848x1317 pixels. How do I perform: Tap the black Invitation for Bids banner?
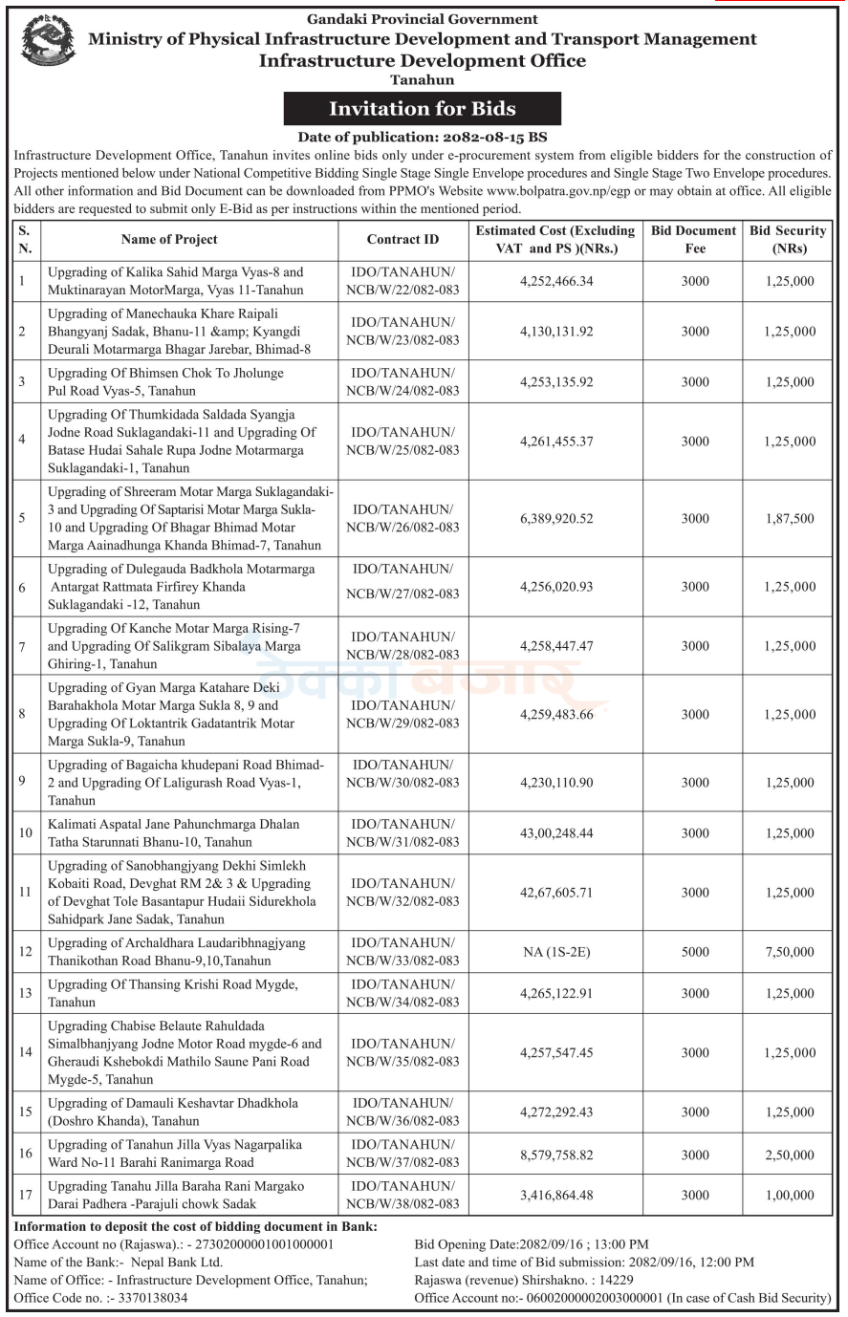pos(422,108)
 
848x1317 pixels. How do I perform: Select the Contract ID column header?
pos(402,240)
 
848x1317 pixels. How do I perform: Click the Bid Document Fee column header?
pos(695,240)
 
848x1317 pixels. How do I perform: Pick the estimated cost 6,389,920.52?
pos(556,519)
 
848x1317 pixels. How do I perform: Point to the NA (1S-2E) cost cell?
pos(556,952)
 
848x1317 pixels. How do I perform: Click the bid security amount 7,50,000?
pos(789,952)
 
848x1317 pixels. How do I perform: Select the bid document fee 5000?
pos(695,952)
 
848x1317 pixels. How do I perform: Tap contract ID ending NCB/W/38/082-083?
pos(402,1204)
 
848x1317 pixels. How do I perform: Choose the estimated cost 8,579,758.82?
pos(556,1155)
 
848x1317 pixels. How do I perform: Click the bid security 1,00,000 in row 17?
pos(789,1196)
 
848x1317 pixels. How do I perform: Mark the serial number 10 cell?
pos(26,833)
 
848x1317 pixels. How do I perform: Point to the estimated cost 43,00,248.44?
pos(556,833)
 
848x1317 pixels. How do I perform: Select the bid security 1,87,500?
pos(789,519)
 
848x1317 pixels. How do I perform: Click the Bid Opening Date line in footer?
pos(531,1244)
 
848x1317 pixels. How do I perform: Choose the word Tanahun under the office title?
pos(422,80)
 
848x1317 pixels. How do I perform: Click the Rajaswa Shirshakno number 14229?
pos(615,1280)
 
